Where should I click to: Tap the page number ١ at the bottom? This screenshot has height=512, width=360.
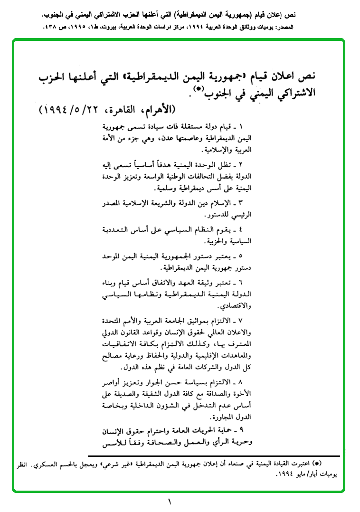(x=170, y=502)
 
